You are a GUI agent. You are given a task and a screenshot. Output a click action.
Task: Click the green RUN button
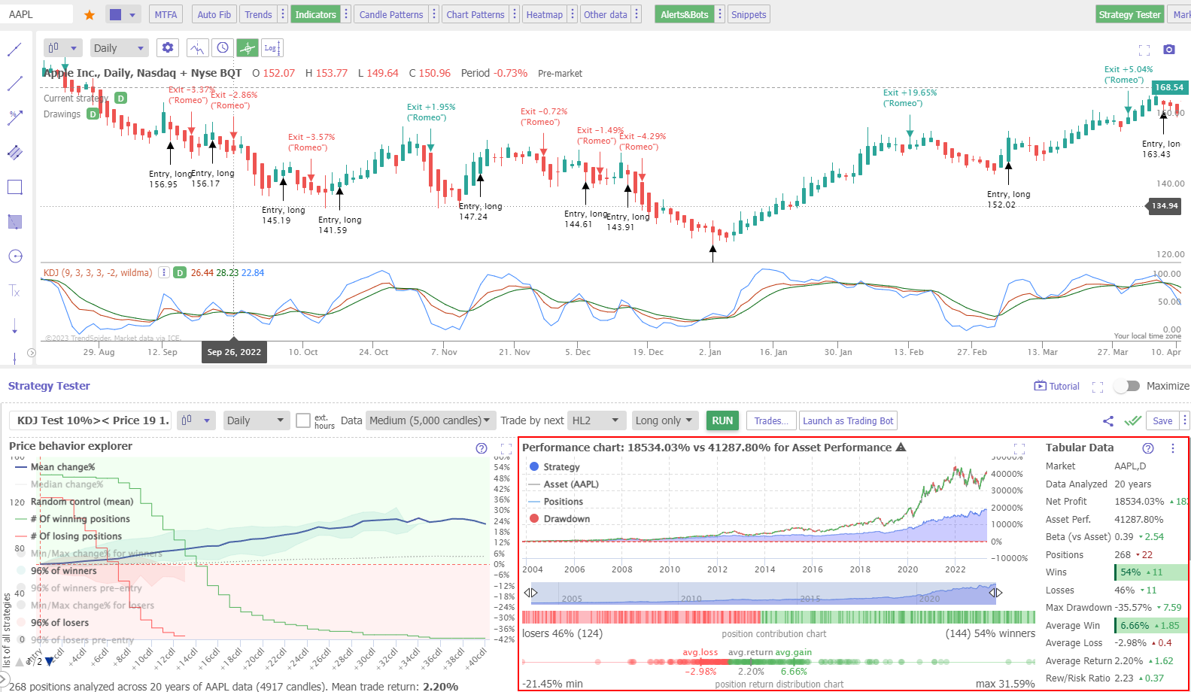pyautogui.click(x=722, y=420)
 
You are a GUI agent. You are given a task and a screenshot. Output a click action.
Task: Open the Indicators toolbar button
pyautogui.click(x=315, y=14)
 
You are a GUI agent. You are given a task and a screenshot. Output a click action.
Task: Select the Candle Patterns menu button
pyautogui.click(x=390, y=14)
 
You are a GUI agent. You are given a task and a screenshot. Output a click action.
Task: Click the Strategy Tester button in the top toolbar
pyautogui.click(x=1129, y=14)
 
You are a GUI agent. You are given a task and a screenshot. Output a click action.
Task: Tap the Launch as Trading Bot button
pyautogui.click(x=848, y=420)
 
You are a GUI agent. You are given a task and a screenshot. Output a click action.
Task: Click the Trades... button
pyautogui.click(x=771, y=420)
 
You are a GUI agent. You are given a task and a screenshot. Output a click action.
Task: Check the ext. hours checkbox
pyautogui.click(x=303, y=420)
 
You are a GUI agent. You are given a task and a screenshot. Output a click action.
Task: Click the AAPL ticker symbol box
pyautogui.click(x=38, y=14)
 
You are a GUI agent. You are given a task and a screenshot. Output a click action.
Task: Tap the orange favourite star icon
pyautogui.click(x=90, y=15)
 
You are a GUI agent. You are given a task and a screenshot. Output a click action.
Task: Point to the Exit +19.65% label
pyautogui.click(x=910, y=93)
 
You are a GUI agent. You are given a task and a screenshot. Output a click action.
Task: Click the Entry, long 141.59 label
pyautogui.click(x=340, y=225)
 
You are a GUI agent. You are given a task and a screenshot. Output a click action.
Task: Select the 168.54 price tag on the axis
pyautogui.click(x=1168, y=87)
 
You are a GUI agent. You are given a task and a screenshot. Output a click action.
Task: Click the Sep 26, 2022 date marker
pyautogui.click(x=234, y=352)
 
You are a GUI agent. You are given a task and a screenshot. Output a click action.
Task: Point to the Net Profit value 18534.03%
pyautogui.click(x=1138, y=502)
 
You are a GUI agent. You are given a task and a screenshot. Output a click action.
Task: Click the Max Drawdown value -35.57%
pyautogui.click(x=1134, y=608)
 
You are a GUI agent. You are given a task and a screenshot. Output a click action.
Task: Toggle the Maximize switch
pyautogui.click(x=1127, y=386)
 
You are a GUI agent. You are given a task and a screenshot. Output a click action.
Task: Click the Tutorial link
pyautogui.click(x=1057, y=387)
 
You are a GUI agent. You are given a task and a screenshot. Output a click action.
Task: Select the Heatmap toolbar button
pyautogui.click(x=544, y=14)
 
